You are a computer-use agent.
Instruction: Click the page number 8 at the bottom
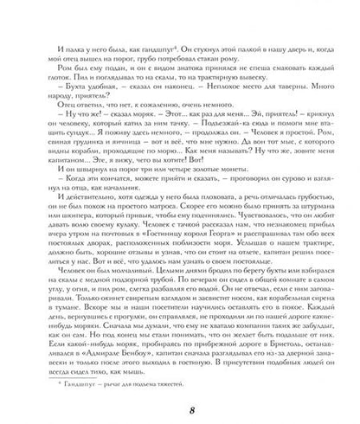(x=179, y=406)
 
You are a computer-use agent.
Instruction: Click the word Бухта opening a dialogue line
(x=68, y=100)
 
